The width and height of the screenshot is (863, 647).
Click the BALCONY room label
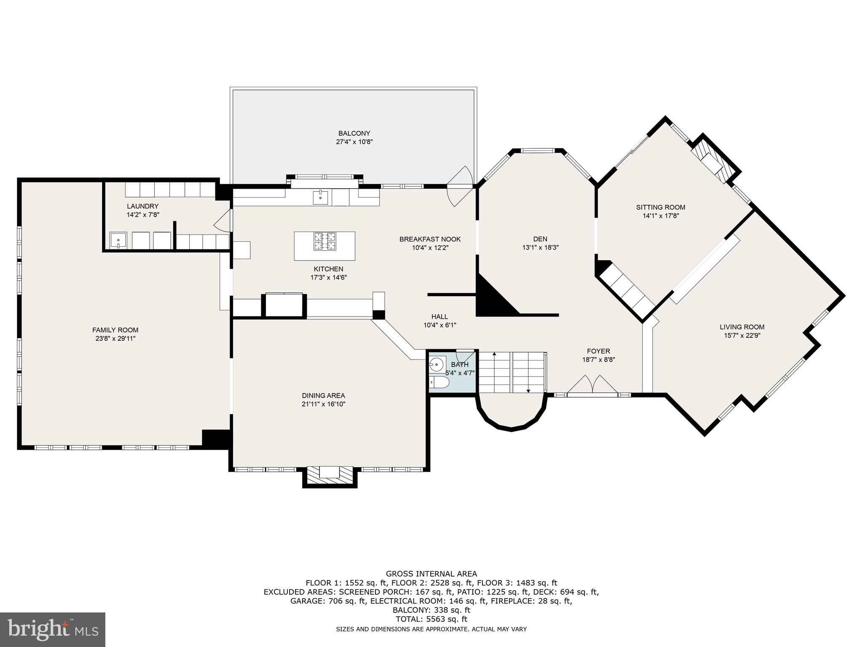pyautogui.click(x=354, y=134)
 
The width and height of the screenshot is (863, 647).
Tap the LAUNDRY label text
pyautogui.click(x=143, y=206)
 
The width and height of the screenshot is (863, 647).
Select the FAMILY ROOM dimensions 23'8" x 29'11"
pyautogui.click(x=115, y=338)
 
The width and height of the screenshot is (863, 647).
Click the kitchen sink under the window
pyautogui.click(x=320, y=197)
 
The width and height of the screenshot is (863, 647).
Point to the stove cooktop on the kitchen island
pyautogui.click(x=324, y=241)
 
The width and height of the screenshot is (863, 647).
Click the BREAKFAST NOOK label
pyautogui.click(x=430, y=239)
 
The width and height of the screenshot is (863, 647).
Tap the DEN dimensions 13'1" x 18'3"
pyautogui.click(x=540, y=248)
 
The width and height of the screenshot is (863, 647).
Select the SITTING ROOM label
pyautogui.click(x=661, y=207)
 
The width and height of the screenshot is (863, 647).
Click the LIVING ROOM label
pyautogui.click(x=742, y=327)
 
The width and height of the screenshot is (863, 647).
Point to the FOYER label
pyautogui.click(x=598, y=351)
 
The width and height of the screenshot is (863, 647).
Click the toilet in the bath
pyautogui.click(x=439, y=382)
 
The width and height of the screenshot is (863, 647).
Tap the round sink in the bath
pyautogui.click(x=437, y=364)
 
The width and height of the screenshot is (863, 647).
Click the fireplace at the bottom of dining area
pyautogui.click(x=330, y=476)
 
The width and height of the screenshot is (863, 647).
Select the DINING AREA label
pyautogui.click(x=323, y=396)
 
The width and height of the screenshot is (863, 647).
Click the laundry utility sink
pyautogui.click(x=118, y=240)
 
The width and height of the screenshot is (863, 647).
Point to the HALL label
pyautogui.click(x=440, y=317)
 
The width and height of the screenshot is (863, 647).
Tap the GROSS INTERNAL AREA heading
pyautogui.click(x=431, y=574)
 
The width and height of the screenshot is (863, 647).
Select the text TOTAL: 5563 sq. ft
pyautogui.click(x=431, y=619)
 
